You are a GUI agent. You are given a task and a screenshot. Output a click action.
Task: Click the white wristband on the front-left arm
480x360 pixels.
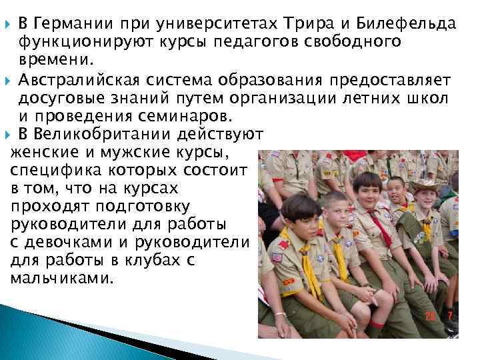280,314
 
